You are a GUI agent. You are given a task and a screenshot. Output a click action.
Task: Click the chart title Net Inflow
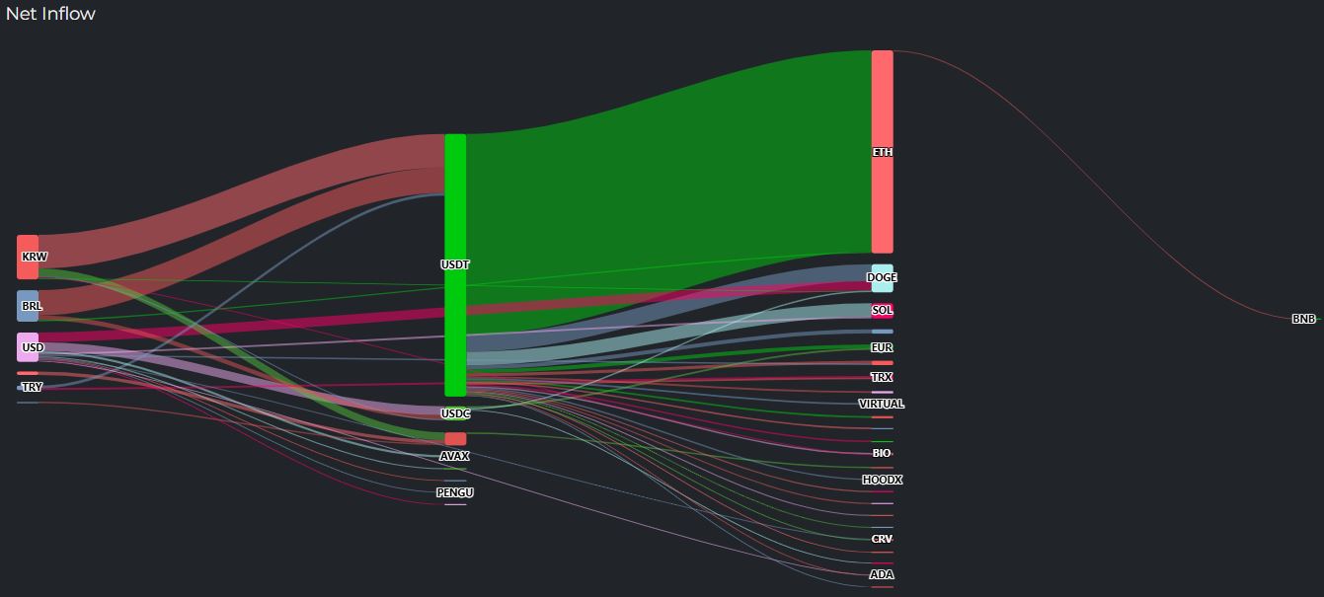coord(50,14)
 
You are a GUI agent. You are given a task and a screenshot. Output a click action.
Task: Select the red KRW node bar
coord(28,257)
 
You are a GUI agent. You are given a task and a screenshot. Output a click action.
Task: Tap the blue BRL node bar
coord(28,306)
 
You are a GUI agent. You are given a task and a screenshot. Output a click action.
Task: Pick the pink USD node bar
coord(28,347)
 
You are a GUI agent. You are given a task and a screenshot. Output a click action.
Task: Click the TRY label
coord(32,388)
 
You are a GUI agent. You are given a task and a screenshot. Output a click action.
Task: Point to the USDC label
coord(455,413)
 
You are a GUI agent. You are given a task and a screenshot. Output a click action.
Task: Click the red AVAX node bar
coord(455,439)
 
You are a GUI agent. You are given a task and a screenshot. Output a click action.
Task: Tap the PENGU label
coord(455,492)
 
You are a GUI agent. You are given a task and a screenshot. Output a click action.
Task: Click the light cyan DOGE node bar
coord(882,277)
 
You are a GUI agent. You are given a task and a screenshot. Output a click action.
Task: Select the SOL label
coord(882,310)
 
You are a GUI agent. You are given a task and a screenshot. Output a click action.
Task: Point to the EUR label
coord(882,347)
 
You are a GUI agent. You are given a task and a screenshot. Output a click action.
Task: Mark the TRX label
coord(882,377)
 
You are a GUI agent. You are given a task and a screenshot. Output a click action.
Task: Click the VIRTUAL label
coord(882,404)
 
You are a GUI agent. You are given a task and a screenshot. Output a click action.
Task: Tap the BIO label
coord(882,453)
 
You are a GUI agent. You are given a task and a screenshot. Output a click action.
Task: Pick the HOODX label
coord(882,480)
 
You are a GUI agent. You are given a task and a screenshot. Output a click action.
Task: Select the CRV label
coord(882,539)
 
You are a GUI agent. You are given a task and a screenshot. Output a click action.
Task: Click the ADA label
coord(882,574)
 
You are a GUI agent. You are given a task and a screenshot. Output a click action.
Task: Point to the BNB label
coord(1303,319)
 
